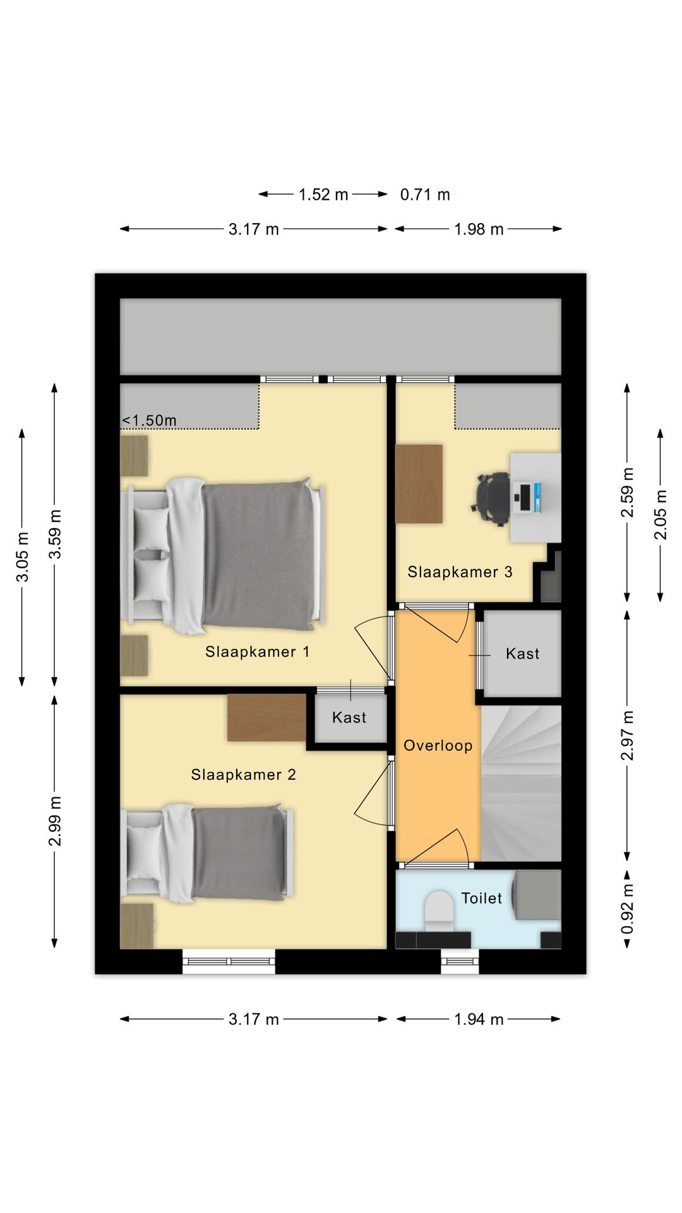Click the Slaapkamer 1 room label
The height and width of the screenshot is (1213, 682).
point(258,651)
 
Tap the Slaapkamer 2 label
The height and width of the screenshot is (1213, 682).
point(244,775)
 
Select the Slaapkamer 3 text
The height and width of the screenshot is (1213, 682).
point(460,572)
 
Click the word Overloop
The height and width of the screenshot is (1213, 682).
point(438,745)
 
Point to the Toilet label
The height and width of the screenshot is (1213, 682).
point(482,898)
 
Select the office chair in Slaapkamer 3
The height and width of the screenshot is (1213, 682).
point(491,499)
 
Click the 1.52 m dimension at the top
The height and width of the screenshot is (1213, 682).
point(323,195)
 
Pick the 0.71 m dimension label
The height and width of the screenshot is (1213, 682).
point(425,195)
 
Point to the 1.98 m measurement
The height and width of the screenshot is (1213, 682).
point(479,229)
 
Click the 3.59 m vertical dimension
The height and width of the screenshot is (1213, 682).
point(56,534)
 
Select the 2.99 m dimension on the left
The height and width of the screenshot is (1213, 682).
point(56,821)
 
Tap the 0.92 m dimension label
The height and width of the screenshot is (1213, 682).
point(627,908)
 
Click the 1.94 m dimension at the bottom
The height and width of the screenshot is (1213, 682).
point(479,1019)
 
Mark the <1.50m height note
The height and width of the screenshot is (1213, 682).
point(149,420)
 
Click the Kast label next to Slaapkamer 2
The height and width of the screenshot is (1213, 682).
point(349,717)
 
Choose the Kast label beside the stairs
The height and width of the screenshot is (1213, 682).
point(523,653)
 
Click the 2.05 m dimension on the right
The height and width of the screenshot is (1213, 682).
point(661,515)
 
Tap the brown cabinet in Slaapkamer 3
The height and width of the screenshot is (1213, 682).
point(419,484)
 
